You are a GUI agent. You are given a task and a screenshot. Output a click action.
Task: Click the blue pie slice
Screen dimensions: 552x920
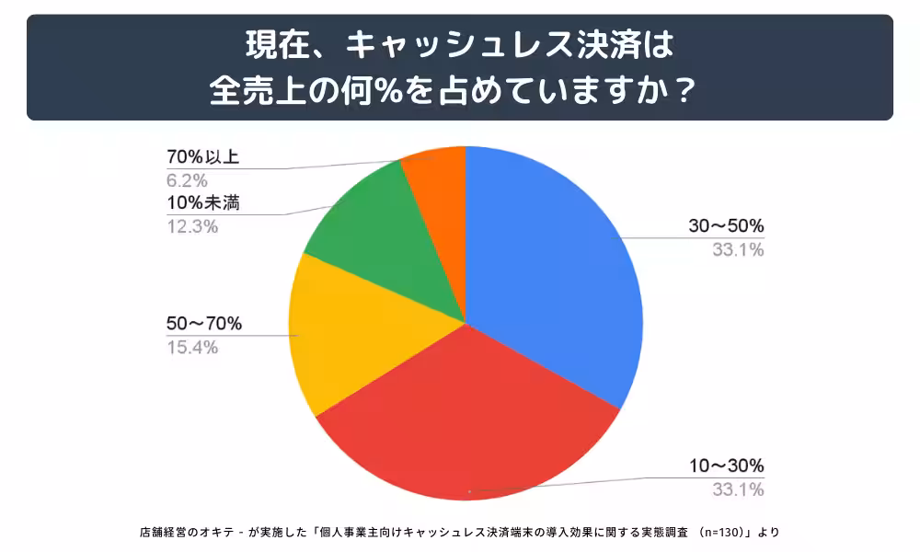pos(552,267)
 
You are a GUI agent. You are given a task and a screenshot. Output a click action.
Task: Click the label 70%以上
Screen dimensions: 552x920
pos(203,156)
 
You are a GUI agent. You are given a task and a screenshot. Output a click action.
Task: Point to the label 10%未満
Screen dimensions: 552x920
pos(203,203)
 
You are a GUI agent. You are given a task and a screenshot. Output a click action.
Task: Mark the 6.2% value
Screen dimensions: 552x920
pos(187,178)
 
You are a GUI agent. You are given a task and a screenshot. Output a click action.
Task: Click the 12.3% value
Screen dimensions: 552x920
pos(191,226)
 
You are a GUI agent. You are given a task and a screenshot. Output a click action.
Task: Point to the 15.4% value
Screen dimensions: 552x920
pos(191,347)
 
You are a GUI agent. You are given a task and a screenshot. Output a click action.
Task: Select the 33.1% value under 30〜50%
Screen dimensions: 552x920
pos(738,250)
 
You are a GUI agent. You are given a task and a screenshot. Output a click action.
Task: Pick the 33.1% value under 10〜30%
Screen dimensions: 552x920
pos(738,489)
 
